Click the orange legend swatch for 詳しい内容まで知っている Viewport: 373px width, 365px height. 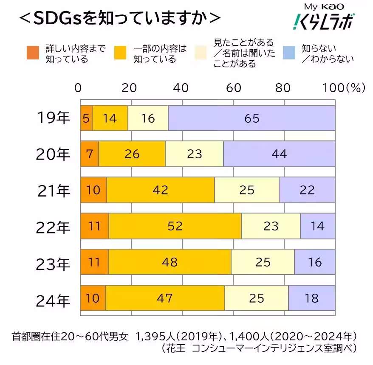(x=33, y=53)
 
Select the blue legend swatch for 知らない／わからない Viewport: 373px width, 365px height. (x=289, y=53)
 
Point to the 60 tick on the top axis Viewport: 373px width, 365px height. (x=233, y=87)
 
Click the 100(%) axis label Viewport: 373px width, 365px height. (x=344, y=87)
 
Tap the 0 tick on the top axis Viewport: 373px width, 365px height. (x=78, y=87)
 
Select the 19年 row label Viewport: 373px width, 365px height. (x=54, y=118)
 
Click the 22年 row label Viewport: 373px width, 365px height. (x=54, y=227)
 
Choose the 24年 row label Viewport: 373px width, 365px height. (x=54, y=299)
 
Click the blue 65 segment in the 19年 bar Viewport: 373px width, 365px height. (x=251, y=118)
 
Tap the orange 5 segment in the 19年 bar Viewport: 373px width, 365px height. (x=86, y=118)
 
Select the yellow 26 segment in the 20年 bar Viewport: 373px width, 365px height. (x=132, y=154)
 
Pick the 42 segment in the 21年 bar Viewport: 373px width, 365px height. (x=161, y=190)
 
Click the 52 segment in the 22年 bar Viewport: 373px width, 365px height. (x=175, y=226)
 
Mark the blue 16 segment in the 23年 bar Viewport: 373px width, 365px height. (x=315, y=262)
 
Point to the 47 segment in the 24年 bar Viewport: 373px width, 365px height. (x=165, y=298)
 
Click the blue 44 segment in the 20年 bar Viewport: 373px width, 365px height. (x=279, y=154)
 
